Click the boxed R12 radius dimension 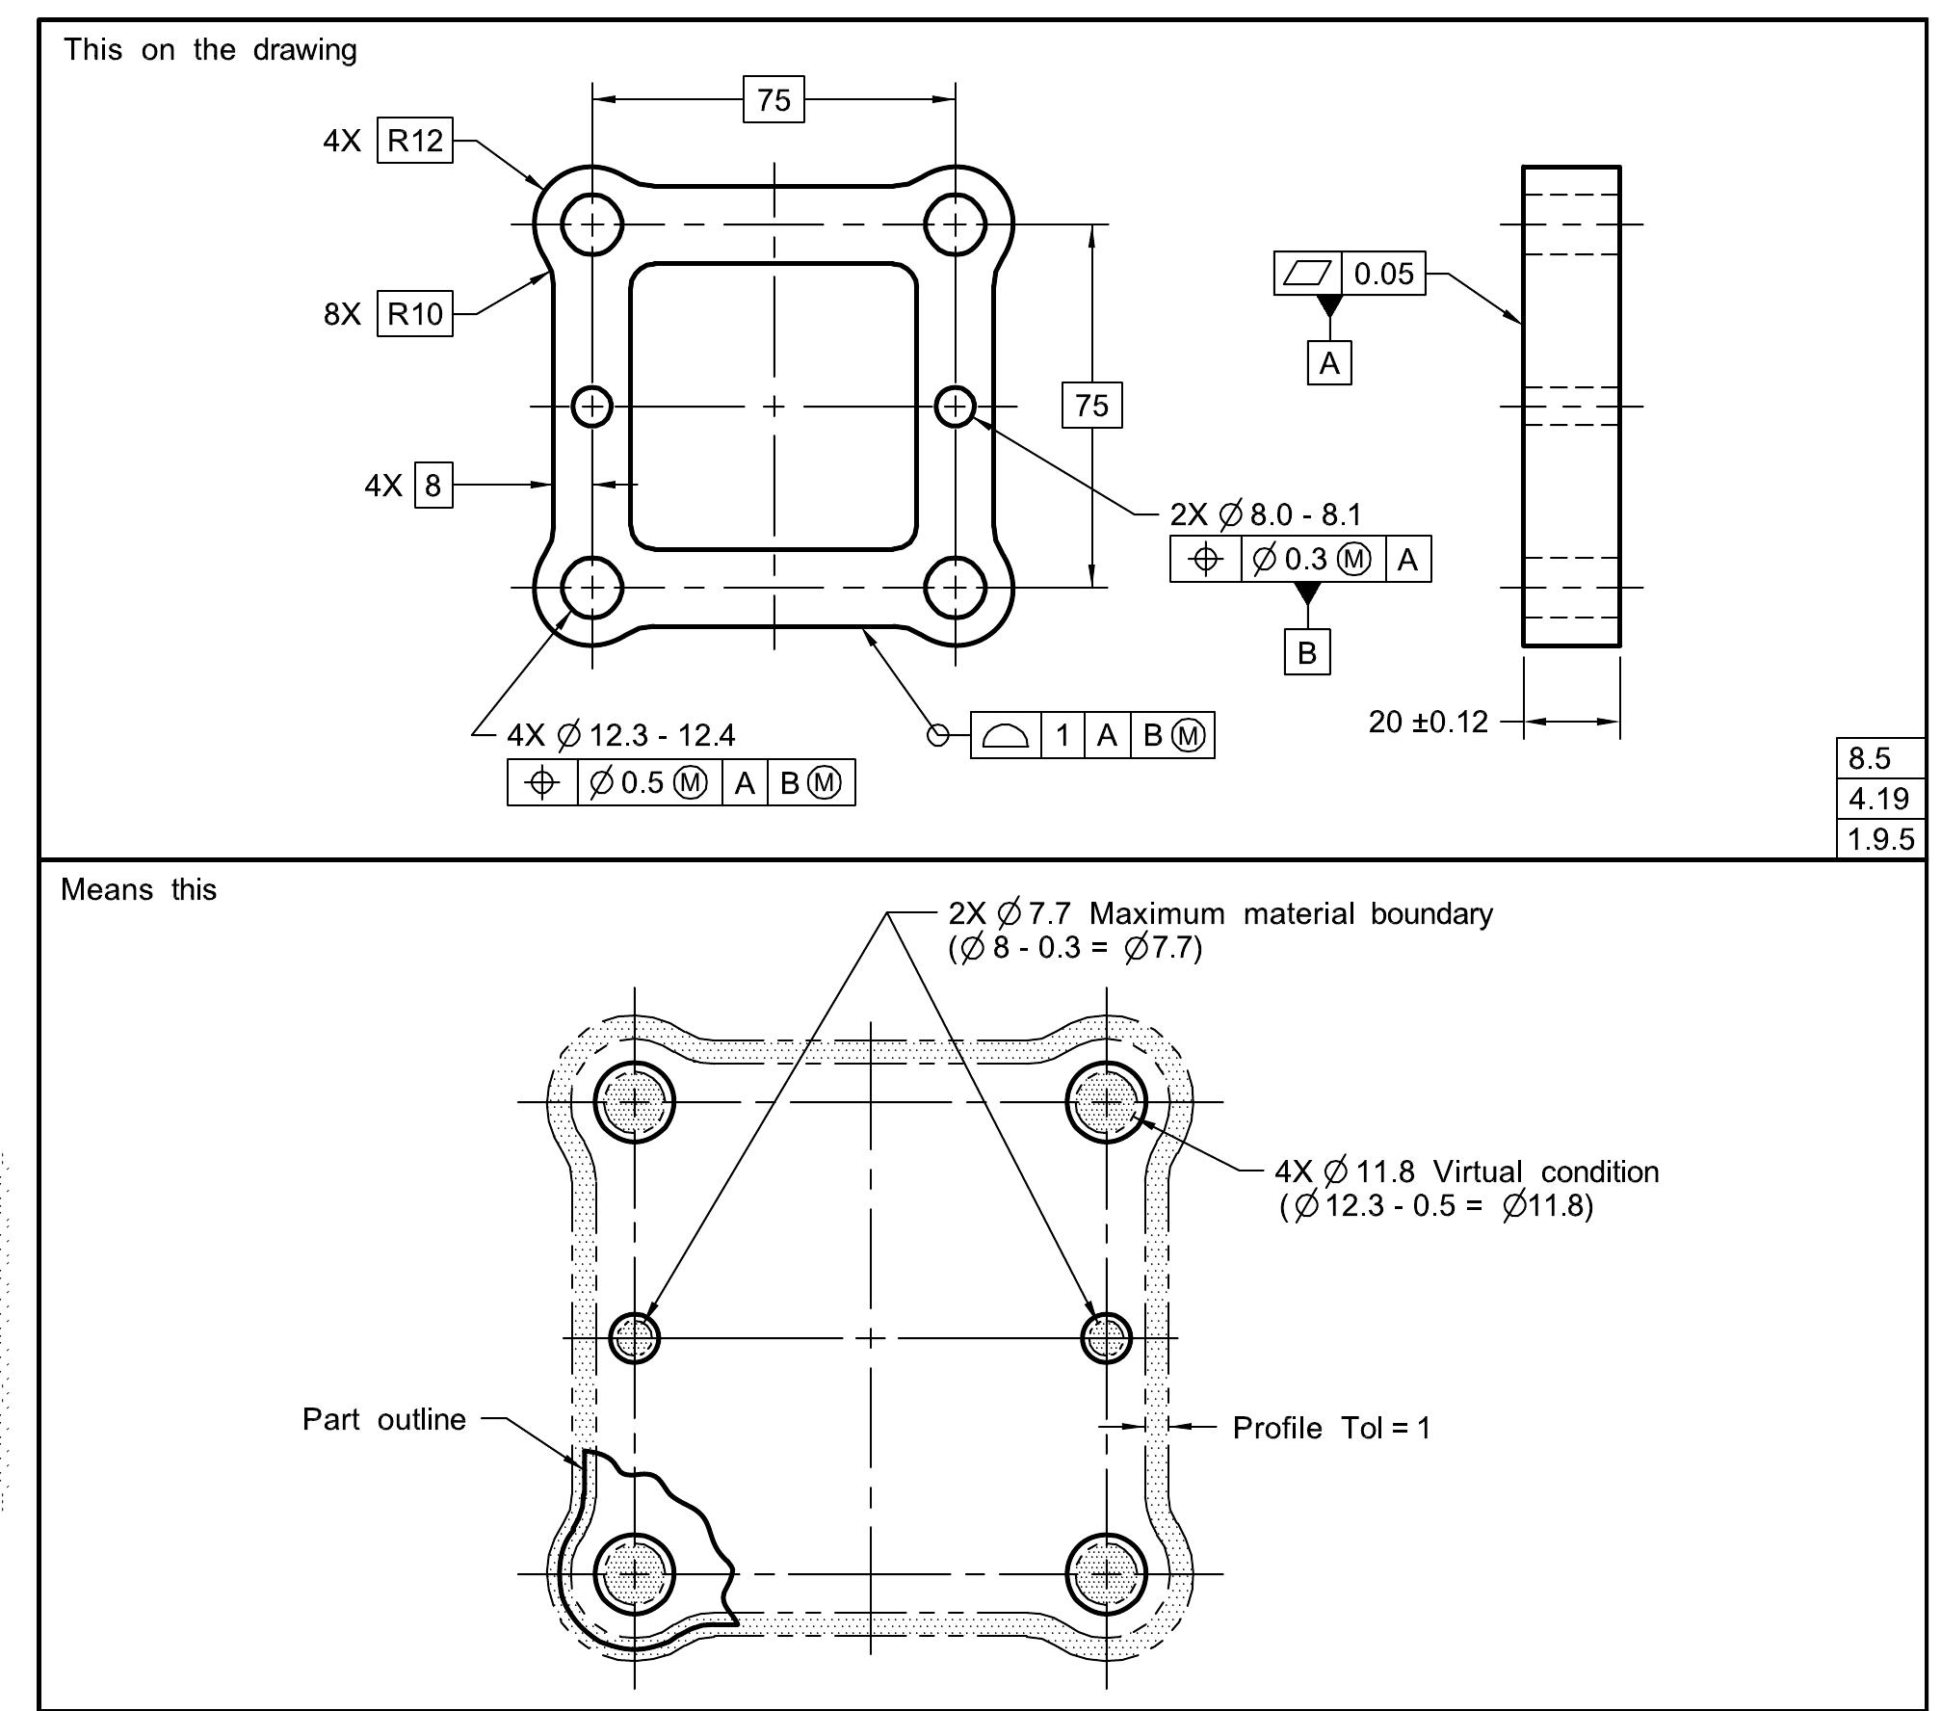(414, 141)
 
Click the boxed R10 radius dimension (414, 313)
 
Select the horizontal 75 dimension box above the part (774, 99)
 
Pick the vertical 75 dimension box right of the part (1091, 405)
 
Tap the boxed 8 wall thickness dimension (433, 485)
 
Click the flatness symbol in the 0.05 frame (1307, 274)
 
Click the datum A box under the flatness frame (1329, 363)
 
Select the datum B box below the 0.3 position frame (1306, 652)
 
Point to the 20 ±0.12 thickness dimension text (1428, 722)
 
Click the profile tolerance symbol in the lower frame (1005, 736)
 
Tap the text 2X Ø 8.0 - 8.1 (1266, 514)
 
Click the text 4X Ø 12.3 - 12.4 (620, 735)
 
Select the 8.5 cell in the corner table (1879, 758)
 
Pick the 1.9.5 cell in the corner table (1879, 839)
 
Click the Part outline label (383, 1419)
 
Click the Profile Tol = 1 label (1331, 1428)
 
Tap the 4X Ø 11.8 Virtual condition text (1466, 1171)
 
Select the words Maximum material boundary (1291, 913)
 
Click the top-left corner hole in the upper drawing (592, 224)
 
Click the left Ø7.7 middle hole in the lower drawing (635, 1337)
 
